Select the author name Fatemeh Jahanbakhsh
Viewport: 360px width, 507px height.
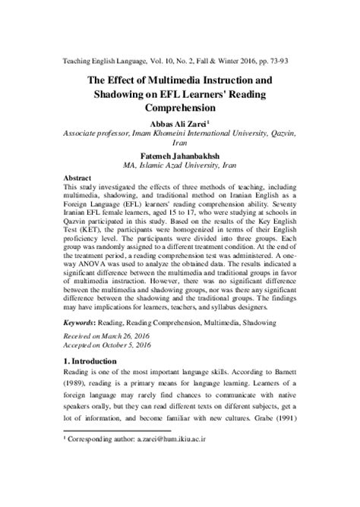180,152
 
